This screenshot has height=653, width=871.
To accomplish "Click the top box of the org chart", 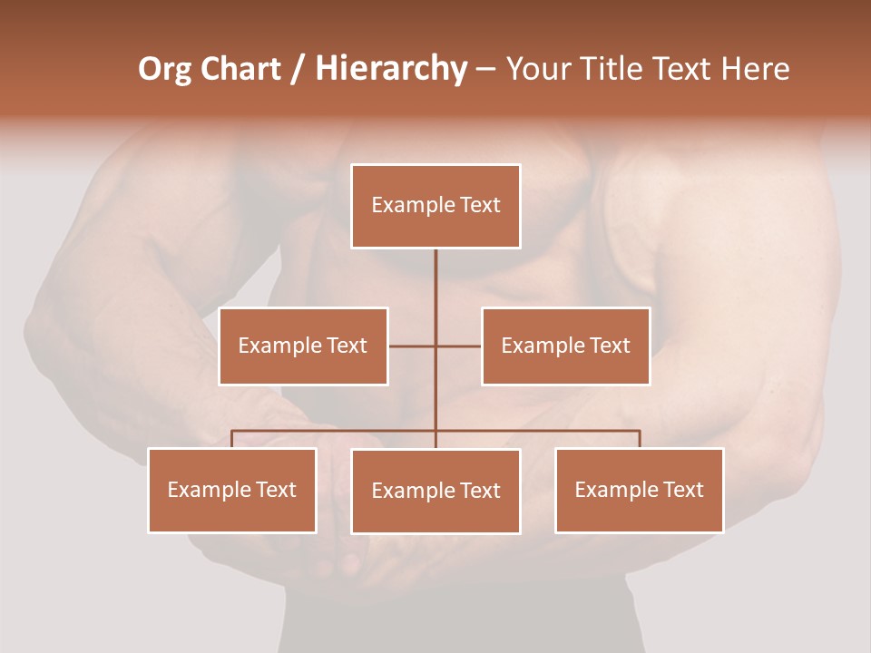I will [x=435, y=206].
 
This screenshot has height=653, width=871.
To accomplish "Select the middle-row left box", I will [x=303, y=346].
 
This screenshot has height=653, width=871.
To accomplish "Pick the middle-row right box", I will [x=565, y=346].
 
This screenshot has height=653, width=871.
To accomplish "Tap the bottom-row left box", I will [x=232, y=490].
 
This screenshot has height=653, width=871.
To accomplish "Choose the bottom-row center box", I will [x=435, y=491].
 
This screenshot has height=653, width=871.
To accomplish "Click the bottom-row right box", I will [x=639, y=490].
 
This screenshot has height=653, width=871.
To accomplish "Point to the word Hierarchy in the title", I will [x=391, y=69].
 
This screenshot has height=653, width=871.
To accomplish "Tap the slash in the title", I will [x=298, y=69].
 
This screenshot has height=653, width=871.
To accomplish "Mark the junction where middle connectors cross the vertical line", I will [x=435, y=346].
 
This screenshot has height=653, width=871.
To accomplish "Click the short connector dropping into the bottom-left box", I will [x=232, y=439].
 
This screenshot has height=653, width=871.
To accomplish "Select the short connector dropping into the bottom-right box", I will [x=640, y=439].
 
